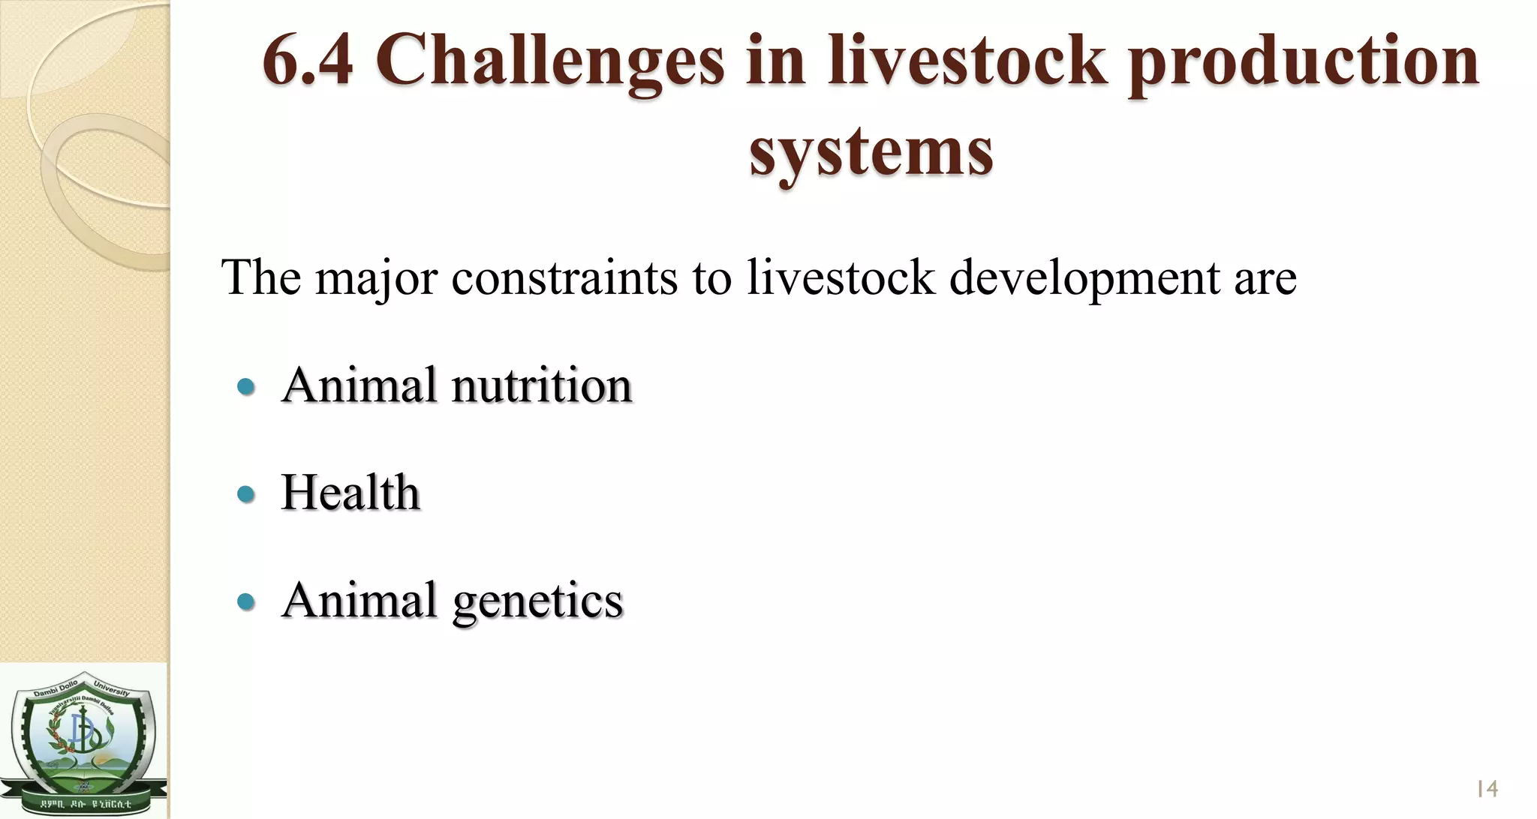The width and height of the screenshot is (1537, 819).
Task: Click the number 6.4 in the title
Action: pyautogui.click(x=308, y=61)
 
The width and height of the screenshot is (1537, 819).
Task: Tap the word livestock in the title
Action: pyautogui.click(x=967, y=61)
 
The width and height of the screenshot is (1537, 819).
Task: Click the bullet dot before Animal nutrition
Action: pyautogui.click(x=245, y=387)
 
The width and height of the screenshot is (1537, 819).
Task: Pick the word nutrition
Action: pyautogui.click(x=541, y=386)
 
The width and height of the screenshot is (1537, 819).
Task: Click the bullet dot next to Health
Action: pyautogui.click(x=245, y=494)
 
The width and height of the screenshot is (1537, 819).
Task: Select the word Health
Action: pyautogui.click(x=350, y=493)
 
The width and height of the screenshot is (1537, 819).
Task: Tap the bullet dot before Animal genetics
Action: pyautogui.click(x=245, y=601)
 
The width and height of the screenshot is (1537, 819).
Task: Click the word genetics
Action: pyautogui.click(x=537, y=602)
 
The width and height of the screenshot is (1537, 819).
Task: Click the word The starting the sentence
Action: pyautogui.click(x=260, y=279)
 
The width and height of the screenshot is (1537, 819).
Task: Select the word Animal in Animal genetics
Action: pyautogui.click(x=359, y=601)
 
